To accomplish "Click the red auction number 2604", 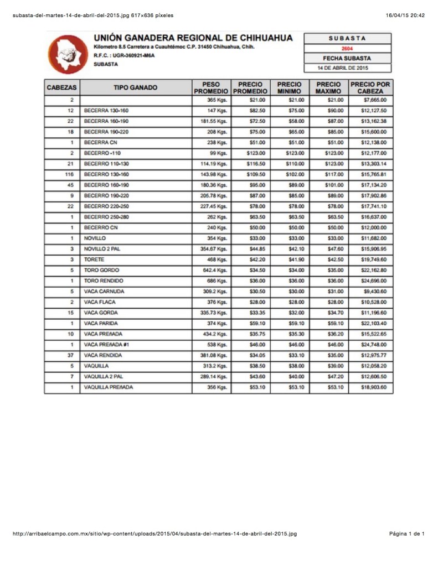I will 347,49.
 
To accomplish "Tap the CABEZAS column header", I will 62,87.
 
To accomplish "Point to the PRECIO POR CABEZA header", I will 370,87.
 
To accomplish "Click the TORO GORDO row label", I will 101,270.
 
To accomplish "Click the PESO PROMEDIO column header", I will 211,87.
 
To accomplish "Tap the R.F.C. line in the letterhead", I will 124,56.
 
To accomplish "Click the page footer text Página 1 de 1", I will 406,534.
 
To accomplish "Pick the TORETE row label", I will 94,259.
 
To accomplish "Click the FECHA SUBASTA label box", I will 347,58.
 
